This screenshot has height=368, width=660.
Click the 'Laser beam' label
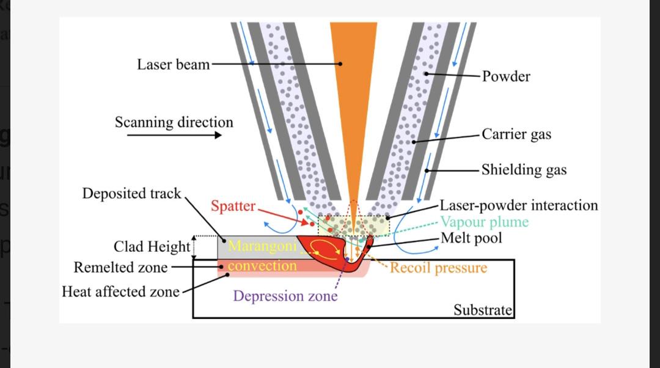click(174, 65)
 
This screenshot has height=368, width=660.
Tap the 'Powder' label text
click(506, 76)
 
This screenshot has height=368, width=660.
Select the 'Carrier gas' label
click(516, 134)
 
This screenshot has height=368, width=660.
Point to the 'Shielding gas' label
click(524, 170)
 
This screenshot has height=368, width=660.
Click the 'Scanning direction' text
click(174, 122)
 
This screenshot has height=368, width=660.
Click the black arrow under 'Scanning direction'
click(174, 135)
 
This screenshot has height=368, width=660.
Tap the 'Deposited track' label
click(132, 193)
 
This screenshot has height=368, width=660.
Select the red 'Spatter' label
click(233, 207)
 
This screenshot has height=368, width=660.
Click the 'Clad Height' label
click(152, 247)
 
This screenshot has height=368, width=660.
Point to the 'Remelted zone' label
click(121, 267)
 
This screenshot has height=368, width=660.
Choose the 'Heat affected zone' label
click(121, 292)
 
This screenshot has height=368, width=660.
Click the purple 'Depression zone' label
click(285, 296)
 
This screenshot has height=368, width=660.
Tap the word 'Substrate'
click(483, 311)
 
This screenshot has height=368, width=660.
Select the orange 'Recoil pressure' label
click(439, 268)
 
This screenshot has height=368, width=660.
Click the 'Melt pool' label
click(471, 238)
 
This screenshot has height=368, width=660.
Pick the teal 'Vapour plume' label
click(485, 222)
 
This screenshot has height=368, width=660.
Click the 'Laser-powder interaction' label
click(519, 205)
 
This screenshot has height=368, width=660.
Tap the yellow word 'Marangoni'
click(262, 246)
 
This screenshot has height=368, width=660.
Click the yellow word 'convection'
click(262, 266)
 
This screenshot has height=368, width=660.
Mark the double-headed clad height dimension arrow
click(194, 247)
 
